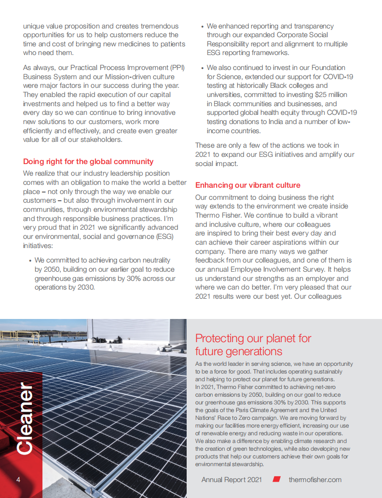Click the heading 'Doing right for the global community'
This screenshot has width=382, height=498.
[x=88, y=162]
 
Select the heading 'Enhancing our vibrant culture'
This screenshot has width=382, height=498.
[x=247, y=185]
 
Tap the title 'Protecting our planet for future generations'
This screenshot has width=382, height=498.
[x=253, y=345]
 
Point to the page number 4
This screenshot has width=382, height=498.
[x=18, y=479]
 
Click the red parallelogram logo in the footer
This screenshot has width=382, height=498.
[x=276, y=479]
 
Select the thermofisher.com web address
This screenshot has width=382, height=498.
[x=315, y=479]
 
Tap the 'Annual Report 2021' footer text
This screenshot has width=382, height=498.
[x=232, y=479]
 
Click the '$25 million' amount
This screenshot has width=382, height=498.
[x=329, y=95]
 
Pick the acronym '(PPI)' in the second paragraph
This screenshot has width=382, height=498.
[x=176, y=68]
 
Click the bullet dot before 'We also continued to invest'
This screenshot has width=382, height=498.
[x=202, y=68]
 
